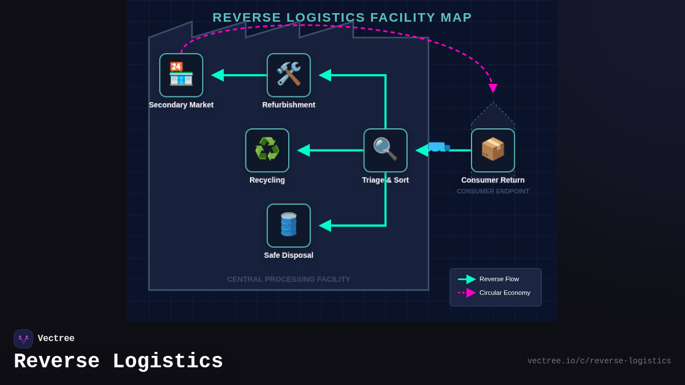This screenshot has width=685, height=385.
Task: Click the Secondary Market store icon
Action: point(181,75)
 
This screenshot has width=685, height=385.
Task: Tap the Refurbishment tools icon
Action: point(289,75)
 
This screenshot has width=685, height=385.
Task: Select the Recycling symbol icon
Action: point(267,150)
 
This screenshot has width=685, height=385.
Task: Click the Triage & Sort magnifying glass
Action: point(385,150)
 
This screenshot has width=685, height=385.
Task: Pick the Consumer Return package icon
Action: point(493,150)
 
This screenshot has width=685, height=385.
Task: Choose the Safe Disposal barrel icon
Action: point(289,225)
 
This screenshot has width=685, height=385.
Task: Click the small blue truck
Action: point(438,147)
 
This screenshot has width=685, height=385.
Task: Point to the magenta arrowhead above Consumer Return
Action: point(493,88)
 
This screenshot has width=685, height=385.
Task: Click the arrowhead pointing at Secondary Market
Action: point(217,75)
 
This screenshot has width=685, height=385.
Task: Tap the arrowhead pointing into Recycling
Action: point(304,151)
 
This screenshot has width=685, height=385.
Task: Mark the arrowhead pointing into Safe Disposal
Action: point(325,226)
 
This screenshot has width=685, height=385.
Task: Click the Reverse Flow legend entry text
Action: point(499,279)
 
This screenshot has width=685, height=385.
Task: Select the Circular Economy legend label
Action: point(505,293)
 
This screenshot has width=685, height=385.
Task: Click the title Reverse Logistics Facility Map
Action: point(342,18)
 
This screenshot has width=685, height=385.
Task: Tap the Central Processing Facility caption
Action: point(288,279)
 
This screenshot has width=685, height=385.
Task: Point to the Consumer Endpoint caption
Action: point(493,191)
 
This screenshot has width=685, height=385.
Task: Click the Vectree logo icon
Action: point(23,339)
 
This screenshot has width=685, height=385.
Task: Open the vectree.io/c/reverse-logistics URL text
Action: point(599,361)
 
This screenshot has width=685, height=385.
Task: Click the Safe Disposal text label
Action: point(288,255)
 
